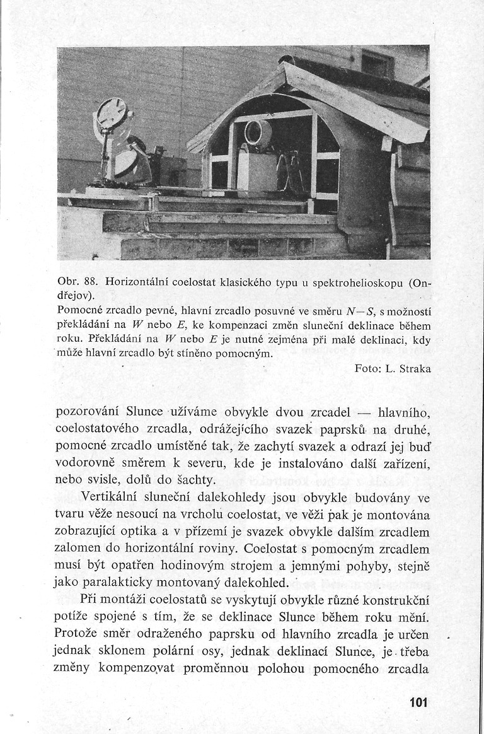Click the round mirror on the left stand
[111, 114]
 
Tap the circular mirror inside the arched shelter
[257, 134]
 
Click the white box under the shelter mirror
[256, 171]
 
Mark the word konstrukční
[395, 600]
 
